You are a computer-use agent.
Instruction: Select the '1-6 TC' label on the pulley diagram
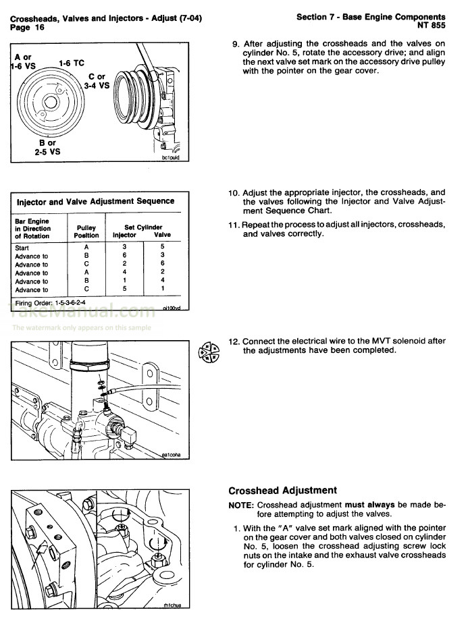tap(71, 63)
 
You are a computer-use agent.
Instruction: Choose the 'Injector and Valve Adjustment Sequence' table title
tap(95, 201)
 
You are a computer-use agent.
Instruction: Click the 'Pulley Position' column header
tap(86, 231)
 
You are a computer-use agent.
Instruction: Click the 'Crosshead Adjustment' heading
tap(282, 491)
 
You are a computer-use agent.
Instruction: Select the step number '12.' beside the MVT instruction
tap(234, 341)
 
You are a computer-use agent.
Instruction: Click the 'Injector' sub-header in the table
tap(124, 236)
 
